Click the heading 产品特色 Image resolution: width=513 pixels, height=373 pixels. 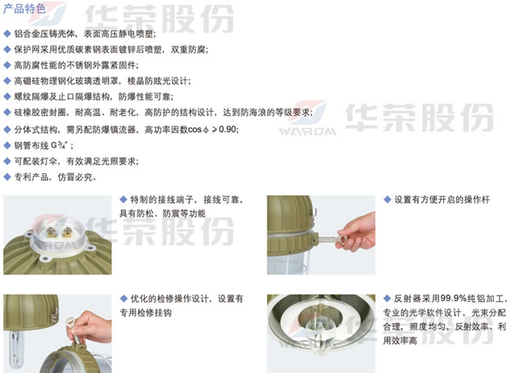click(x=24, y=8)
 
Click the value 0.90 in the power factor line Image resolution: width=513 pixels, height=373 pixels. click(x=227, y=129)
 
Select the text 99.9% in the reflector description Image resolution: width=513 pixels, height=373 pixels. click(x=453, y=298)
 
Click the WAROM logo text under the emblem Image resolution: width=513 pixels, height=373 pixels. click(x=308, y=131)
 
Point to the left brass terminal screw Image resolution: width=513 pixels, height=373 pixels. click(x=51, y=232)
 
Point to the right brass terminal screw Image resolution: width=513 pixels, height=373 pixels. click(x=67, y=232)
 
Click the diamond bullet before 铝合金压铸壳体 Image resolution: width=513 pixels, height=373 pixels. click(x=7, y=34)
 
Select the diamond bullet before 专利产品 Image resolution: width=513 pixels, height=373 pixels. click(x=7, y=177)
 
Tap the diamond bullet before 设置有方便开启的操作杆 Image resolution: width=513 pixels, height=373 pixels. click(x=387, y=199)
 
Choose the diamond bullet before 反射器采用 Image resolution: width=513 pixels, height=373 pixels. click(x=387, y=298)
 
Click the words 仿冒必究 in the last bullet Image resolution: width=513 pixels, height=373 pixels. click(x=75, y=177)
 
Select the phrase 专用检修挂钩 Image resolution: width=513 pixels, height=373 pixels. click(x=146, y=313)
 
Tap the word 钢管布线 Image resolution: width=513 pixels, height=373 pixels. click(x=32, y=145)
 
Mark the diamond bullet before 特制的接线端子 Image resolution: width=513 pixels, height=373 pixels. click(x=123, y=199)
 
